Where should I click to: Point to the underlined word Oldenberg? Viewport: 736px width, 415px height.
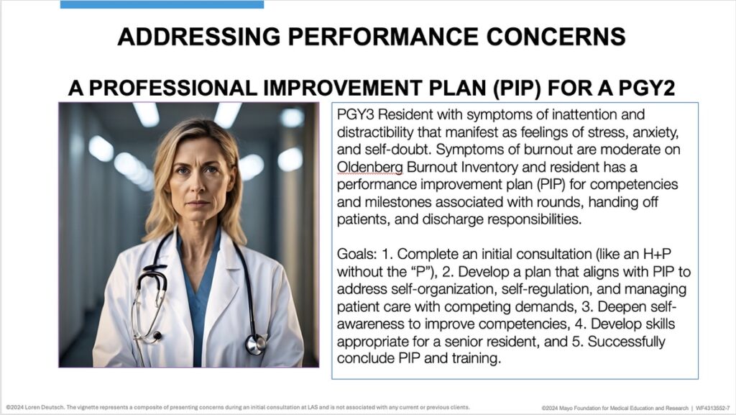(x=370, y=167)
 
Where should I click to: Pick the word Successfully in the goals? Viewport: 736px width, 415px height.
(x=626, y=342)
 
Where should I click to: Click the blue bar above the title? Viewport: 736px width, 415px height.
(x=162, y=4)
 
